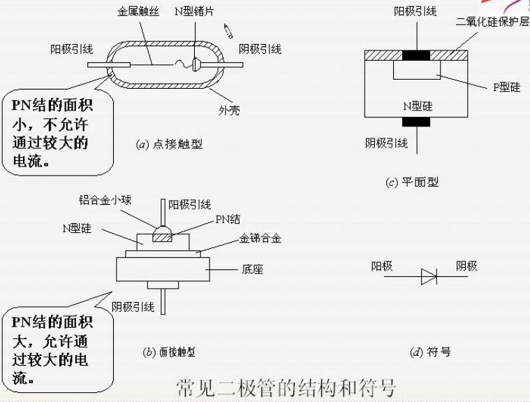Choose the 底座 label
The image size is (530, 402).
[x=253, y=268]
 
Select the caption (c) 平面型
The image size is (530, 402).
[x=412, y=182]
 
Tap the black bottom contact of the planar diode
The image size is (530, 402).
[x=418, y=122]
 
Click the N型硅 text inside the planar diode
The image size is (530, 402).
[x=418, y=106]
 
